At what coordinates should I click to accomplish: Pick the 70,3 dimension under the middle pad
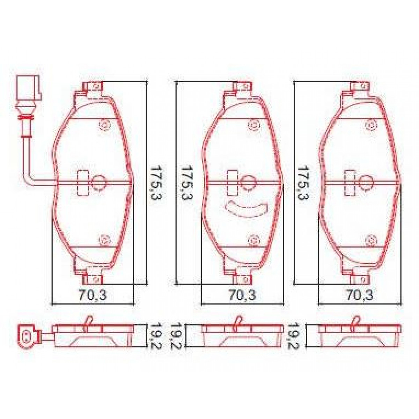click(242, 296)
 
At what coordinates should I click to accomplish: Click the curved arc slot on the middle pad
click(246, 210)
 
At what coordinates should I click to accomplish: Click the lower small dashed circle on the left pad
click(104, 240)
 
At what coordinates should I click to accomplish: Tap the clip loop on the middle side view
click(238, 322)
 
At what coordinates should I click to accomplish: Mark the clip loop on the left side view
click(88, 322)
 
